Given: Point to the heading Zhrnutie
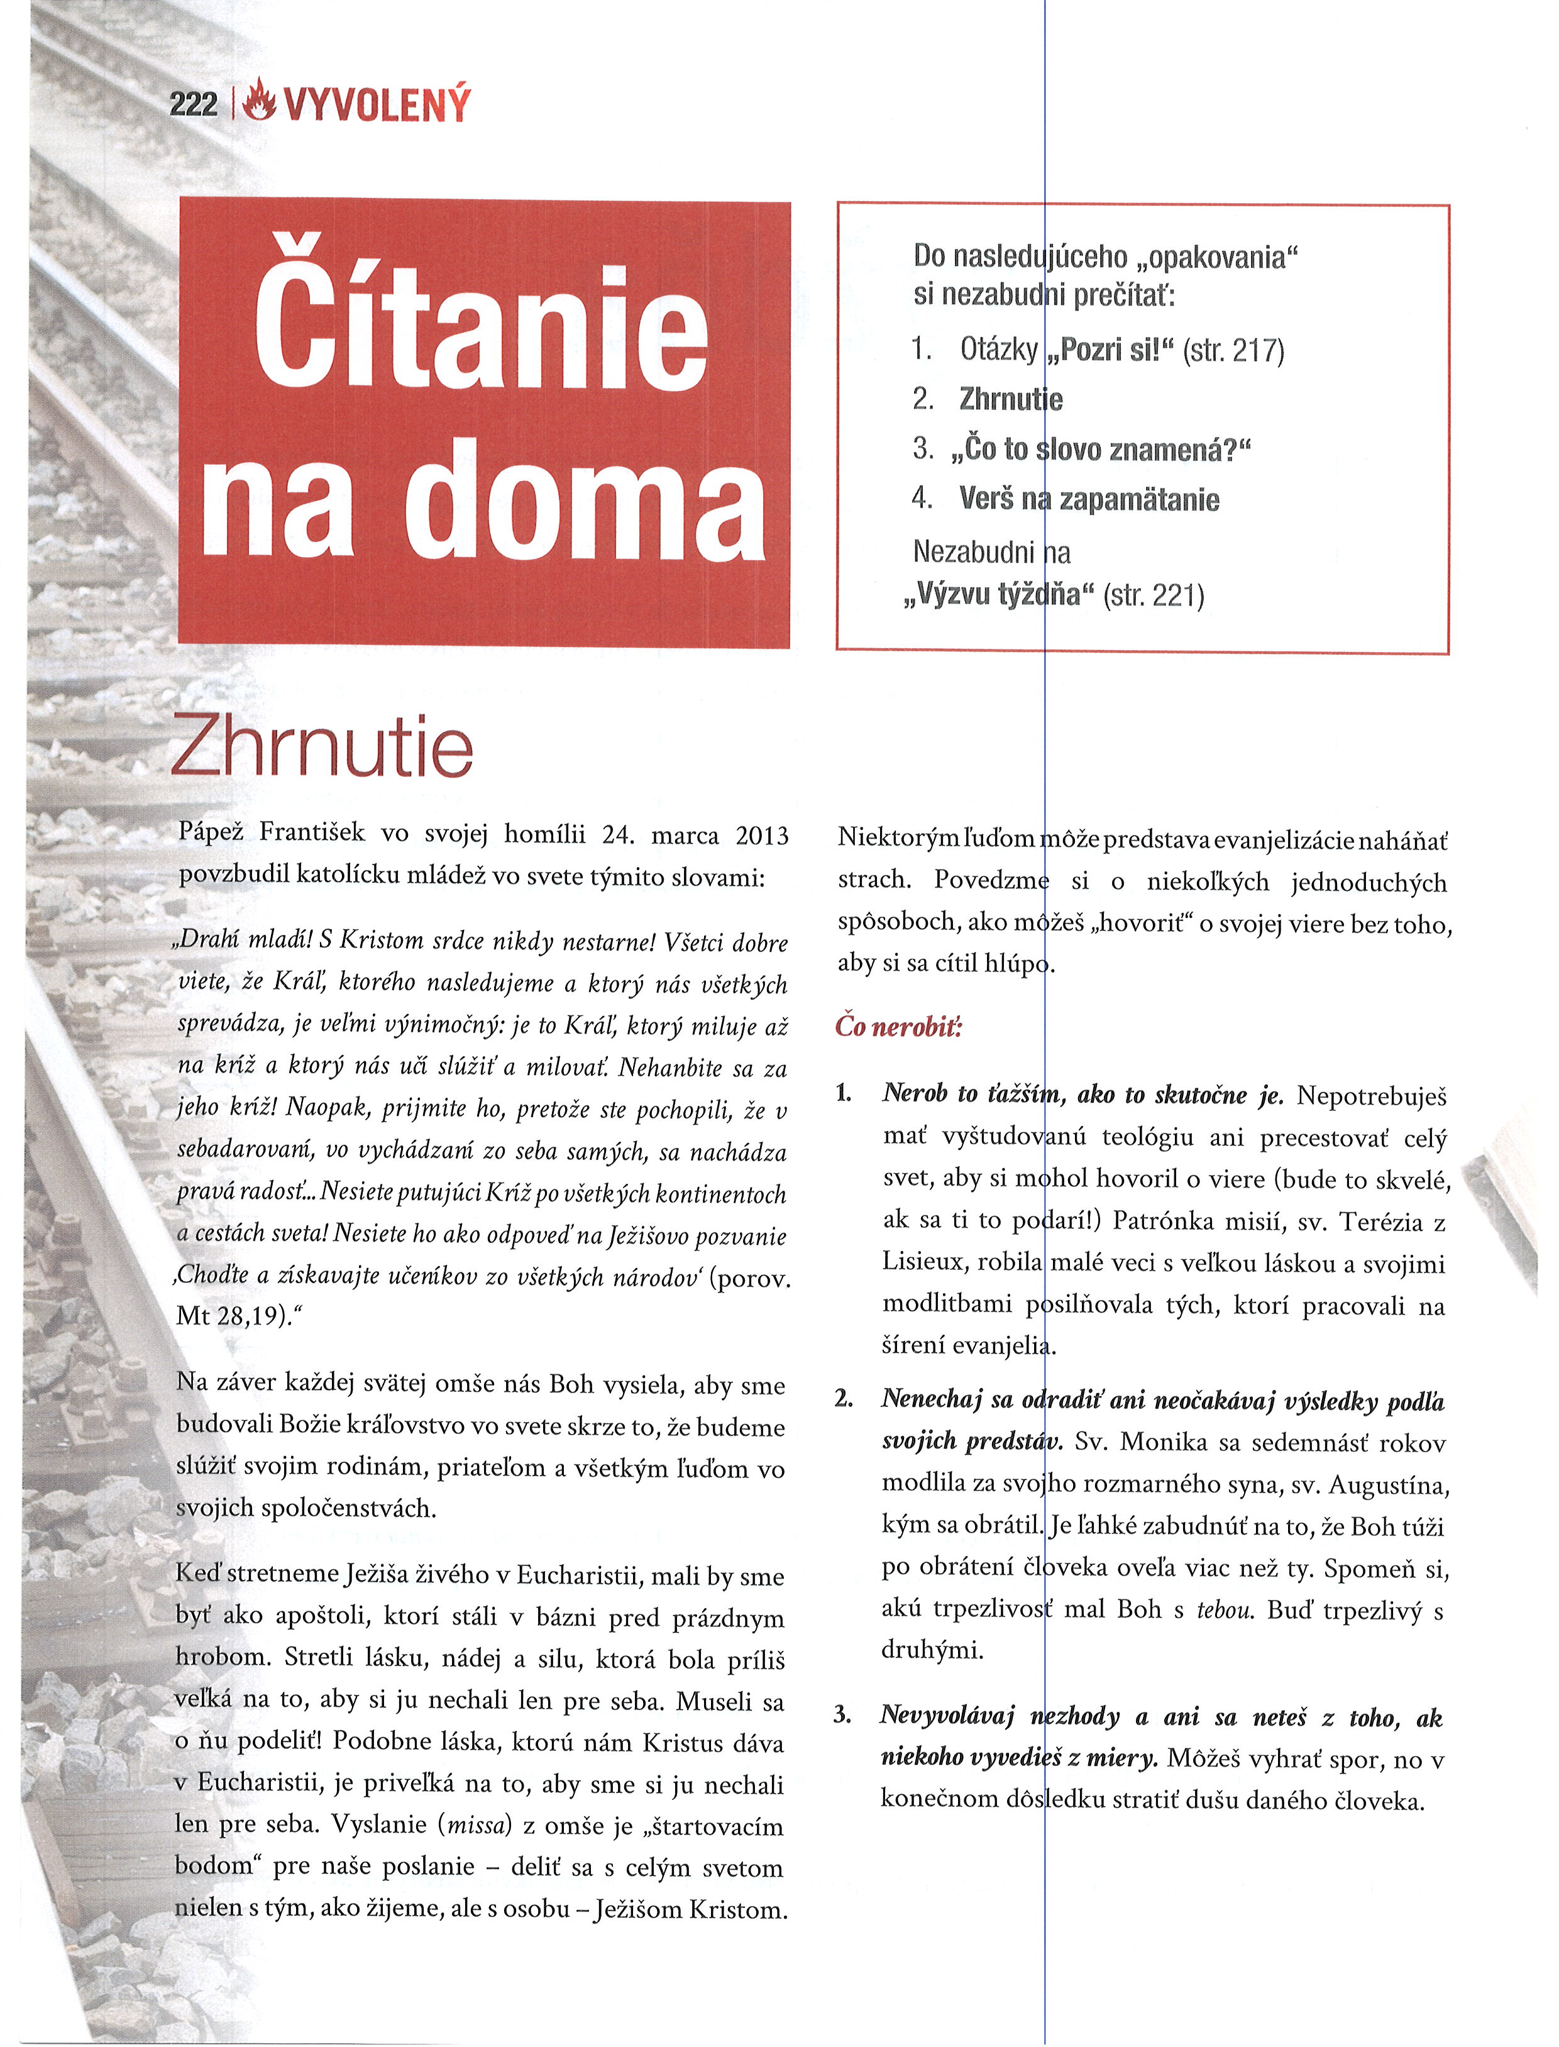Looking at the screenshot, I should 322,748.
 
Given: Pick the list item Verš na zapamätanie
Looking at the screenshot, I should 1089,499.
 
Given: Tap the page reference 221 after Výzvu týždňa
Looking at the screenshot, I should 1177,595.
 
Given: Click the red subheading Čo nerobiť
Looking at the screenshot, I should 898,1026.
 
